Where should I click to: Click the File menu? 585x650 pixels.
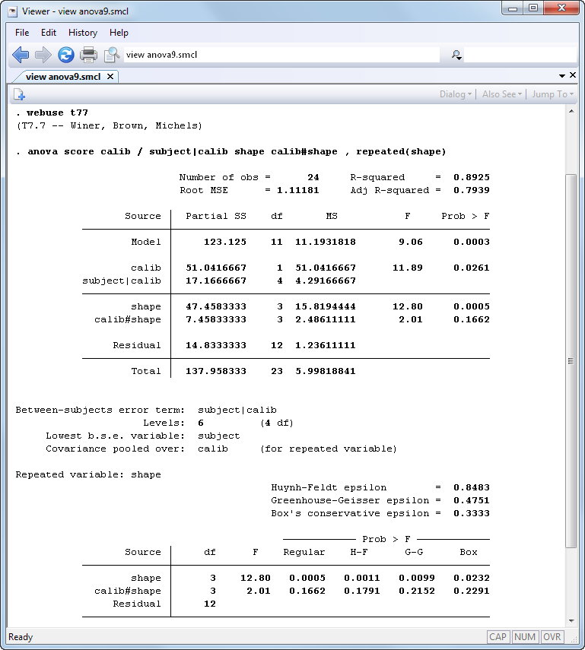(22, 33)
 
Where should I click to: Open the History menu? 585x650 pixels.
(83, 33)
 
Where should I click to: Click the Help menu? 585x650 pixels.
(119, 33)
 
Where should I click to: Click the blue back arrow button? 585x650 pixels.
(21, 55)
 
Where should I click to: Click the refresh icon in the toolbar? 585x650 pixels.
(66, 55)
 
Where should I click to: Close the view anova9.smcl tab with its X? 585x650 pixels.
(110, 77)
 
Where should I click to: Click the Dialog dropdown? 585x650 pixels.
(456, 94)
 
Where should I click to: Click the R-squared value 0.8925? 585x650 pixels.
(472, 177)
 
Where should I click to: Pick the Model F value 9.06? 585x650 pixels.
(402, 242)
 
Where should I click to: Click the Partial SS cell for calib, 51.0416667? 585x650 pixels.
(216, 268)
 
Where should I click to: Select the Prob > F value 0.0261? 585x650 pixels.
(472, 268)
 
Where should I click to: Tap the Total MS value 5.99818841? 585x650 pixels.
(326, 371)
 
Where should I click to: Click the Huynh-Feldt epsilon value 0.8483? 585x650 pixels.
(472, 487)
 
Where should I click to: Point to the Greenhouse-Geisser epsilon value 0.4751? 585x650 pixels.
(472, 500)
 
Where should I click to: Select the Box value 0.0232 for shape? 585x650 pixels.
(472, 578)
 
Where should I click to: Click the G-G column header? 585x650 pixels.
(414, 552)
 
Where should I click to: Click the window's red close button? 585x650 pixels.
(561, 8)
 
